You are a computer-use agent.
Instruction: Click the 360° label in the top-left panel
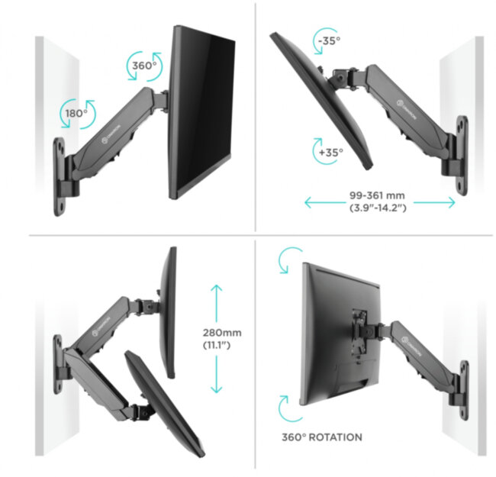coord(143,66)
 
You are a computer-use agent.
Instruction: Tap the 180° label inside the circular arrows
coord(75,113)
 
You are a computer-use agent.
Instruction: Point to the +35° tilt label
coord(330,152)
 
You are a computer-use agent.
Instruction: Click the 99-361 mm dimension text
coord(380,196)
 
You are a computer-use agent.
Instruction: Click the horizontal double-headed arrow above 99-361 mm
coord(380,202)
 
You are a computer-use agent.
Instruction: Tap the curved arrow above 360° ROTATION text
coord(289,408)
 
